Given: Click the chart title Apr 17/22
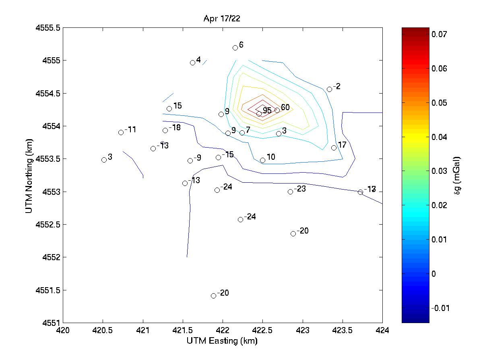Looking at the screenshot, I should tap(222, 19).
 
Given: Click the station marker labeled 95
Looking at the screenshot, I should tap(259, 114).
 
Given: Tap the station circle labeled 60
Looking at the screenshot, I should tap(277, 110).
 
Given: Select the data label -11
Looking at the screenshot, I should tap(130, 129).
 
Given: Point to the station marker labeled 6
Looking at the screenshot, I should tap(235, 48).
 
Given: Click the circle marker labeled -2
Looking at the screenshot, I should tap(329, 89).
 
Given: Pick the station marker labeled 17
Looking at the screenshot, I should tap(334, 148).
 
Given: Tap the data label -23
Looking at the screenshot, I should tap(300, 189).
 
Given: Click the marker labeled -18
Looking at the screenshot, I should tap(165, 130).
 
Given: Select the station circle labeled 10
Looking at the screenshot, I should tap(262, 160).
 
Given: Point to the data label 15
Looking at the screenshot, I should tap(178, 106).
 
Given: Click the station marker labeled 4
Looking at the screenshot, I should tap(192, 63).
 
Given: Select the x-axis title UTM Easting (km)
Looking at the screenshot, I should tap(222, 341).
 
